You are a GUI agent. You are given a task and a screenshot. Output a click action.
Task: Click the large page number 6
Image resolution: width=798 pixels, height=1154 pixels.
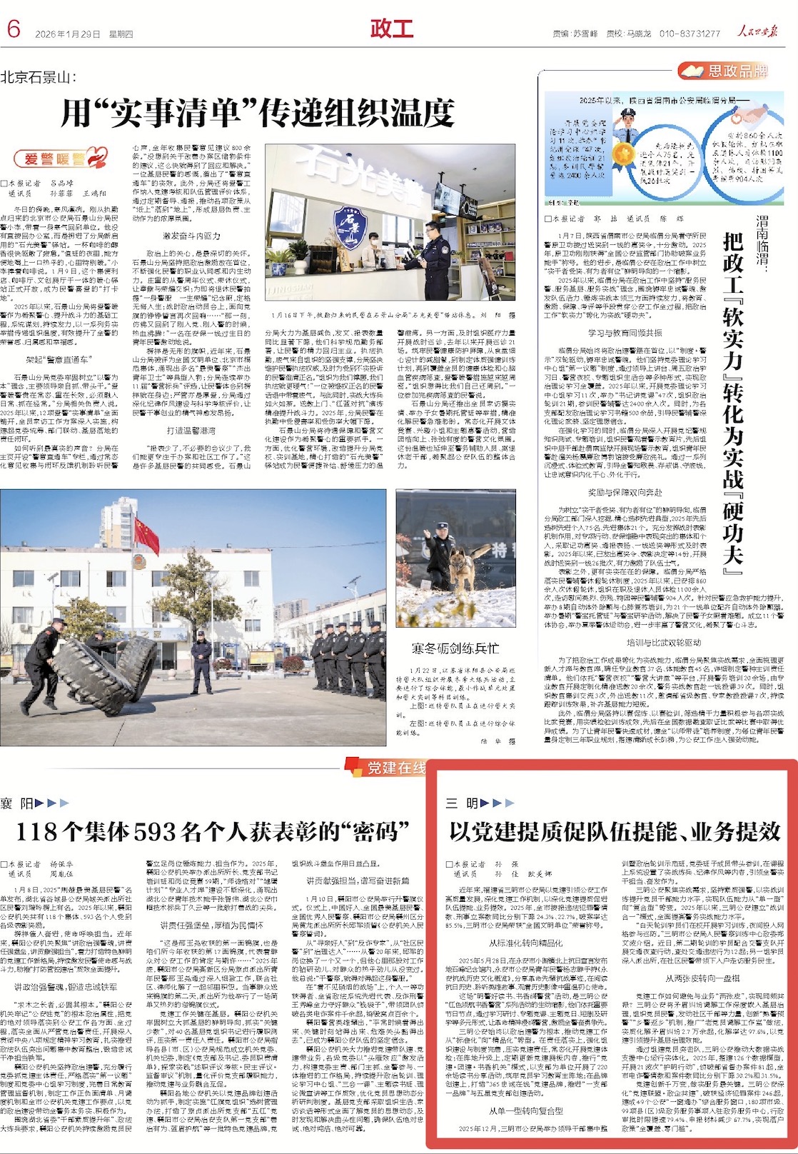point(14,29)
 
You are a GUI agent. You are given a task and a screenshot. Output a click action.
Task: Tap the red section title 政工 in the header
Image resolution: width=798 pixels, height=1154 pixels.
point(392,29)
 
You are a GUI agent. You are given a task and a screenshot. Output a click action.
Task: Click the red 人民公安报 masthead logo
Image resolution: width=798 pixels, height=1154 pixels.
point(758,31)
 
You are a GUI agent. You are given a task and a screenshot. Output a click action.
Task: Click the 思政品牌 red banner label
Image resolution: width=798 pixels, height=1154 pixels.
point(728,70)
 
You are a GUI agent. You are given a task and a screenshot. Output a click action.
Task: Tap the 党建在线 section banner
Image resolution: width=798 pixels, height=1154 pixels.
point(391,768)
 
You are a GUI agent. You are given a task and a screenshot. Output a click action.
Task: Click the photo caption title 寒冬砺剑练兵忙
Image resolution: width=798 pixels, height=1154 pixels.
point(455,648)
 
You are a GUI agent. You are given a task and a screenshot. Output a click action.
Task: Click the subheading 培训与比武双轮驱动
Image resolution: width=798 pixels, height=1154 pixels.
point(664,643)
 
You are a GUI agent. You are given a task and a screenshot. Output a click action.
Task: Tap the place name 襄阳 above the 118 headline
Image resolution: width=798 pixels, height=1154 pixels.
point(17,803)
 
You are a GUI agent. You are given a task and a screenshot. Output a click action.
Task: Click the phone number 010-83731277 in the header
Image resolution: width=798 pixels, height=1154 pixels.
point(690,34)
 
